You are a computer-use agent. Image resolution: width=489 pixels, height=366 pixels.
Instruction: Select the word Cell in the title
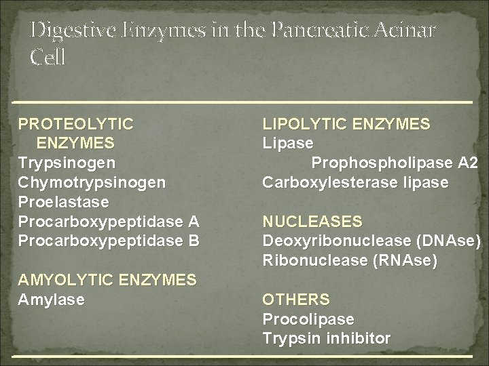pyautogui.click(x=48, y=58)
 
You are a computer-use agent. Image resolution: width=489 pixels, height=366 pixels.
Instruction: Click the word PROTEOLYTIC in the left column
pyautogui.click(x=75, y=124)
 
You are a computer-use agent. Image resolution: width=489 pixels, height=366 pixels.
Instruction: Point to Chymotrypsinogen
pyautogui.click(x=92, y=183)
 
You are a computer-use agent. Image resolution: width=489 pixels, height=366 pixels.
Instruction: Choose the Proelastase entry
pyautogui.click(x=60, y=203)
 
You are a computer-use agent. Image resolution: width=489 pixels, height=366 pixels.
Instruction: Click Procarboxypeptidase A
pyautogui.click(x=109, y=222)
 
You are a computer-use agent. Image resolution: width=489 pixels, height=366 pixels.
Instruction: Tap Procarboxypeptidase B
pyautogui.click(x=109, y=241)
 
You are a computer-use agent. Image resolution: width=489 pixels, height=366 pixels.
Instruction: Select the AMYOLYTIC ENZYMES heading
pyautogui.click(x=107, y=279)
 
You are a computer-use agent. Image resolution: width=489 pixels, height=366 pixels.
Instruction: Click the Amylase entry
pyautogui.click(x=52, y=299)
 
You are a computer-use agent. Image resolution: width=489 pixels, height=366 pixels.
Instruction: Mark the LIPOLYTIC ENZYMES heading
pyautogui.click(x=346, y=124)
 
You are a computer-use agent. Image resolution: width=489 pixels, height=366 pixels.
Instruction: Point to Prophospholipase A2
pyautogui.click(x=395, y=163)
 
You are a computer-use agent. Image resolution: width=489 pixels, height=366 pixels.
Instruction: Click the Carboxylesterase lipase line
pyautogui.click(x=355, y=183)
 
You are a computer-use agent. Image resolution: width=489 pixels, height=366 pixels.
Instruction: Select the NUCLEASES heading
pyautogui.click(x=312, y=222)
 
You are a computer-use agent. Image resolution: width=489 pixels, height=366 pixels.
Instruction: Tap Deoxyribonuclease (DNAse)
pyautogui.click(x=372, y=241)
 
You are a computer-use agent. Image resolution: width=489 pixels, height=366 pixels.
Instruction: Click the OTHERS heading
pyautogui.click(x=296, y=299)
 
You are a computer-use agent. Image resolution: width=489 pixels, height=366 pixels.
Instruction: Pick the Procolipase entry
pyautogui.click(x=308, y=319)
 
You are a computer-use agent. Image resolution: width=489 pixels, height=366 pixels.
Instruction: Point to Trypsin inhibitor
pyautogui.click(x=326, y=338)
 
